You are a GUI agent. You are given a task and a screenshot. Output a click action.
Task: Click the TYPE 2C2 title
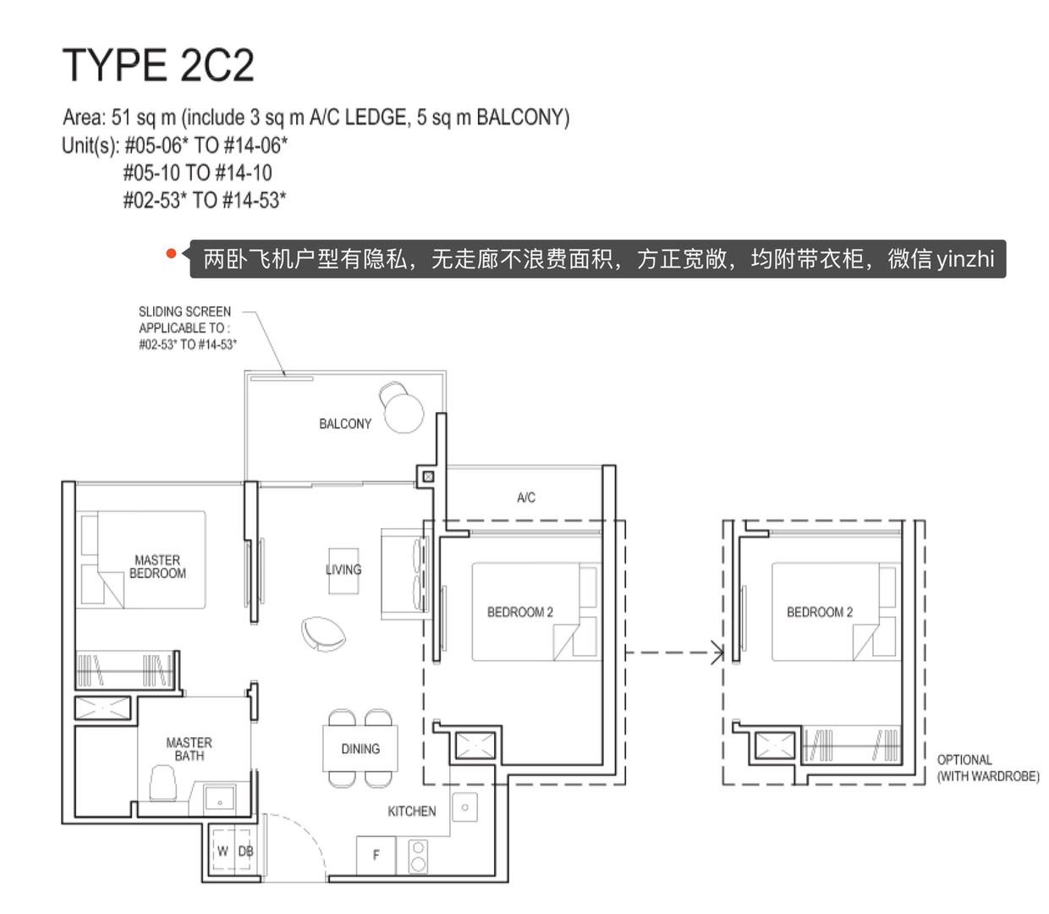158,65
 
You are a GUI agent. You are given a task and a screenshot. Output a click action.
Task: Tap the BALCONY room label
344,424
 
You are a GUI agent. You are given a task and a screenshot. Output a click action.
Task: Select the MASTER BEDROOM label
157,566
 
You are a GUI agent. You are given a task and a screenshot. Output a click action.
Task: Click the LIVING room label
343,570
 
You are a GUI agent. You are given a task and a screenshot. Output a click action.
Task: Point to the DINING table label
360,749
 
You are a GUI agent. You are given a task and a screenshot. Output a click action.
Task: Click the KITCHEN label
412,811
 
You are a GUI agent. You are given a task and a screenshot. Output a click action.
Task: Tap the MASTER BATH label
189,749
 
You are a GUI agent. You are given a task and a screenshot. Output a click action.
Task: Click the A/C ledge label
526,497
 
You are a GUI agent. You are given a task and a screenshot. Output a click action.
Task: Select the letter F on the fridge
376,855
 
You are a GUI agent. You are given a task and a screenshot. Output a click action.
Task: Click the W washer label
222,851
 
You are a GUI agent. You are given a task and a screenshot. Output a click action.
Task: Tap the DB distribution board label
245,851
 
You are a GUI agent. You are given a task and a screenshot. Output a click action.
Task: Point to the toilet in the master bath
163,783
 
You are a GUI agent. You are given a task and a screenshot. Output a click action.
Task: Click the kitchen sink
464,807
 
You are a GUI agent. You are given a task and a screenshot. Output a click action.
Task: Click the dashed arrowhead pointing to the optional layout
717,652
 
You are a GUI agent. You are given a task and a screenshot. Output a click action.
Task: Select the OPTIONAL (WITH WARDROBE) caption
987,768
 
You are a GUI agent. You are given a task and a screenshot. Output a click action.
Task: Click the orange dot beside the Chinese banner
171,253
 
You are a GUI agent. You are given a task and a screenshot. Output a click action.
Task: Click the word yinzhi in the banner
965,260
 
